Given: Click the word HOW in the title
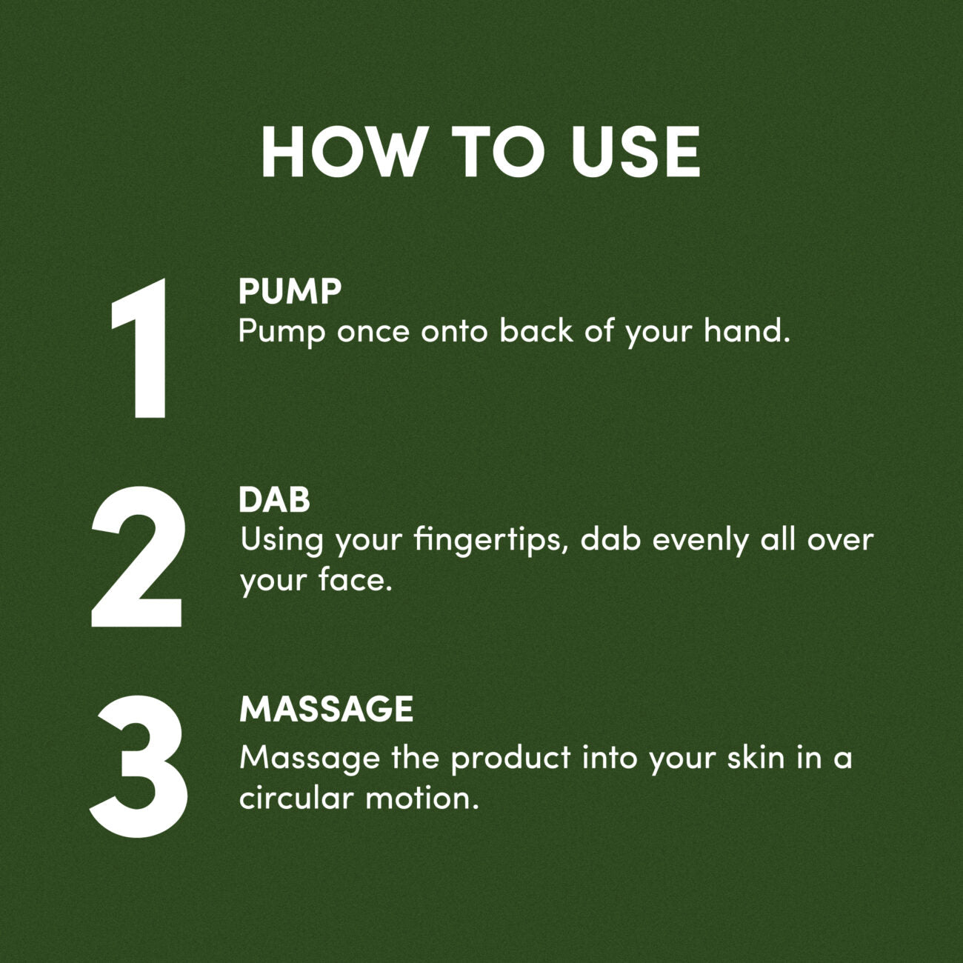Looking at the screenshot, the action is (344, 151).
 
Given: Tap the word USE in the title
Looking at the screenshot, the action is (636, 151).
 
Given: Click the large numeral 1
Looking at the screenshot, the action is (139, 348).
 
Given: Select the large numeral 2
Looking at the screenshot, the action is (136, 556).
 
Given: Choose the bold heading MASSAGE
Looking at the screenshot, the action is (327, 709).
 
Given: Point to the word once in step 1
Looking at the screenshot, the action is (373, 332).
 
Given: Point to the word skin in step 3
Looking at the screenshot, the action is (756, 757).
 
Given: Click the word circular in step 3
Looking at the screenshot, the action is (296, 798).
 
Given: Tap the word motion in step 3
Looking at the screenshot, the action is (419, 798).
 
